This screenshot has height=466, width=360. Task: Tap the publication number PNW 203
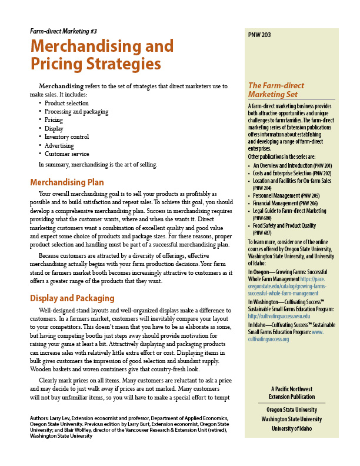pyautogui.click(x=259, y=35)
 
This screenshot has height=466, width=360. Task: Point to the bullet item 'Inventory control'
pyautogui.click(x=66, y=137)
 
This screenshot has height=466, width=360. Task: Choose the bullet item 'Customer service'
pyautogui.click(x=66, y=154)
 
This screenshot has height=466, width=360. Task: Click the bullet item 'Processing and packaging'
pyautogui.click(x=76, y=112)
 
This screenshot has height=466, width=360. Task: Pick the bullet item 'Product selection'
pyautogui.click(x=66, y=104)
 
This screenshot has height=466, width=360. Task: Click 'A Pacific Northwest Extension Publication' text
pyautogui.click(x=293, y=393)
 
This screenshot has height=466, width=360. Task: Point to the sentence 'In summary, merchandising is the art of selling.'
pyautogui.click(x=98, y=165)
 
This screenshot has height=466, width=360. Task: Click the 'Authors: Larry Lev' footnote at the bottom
pyautogui.click(x=129, y=427)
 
